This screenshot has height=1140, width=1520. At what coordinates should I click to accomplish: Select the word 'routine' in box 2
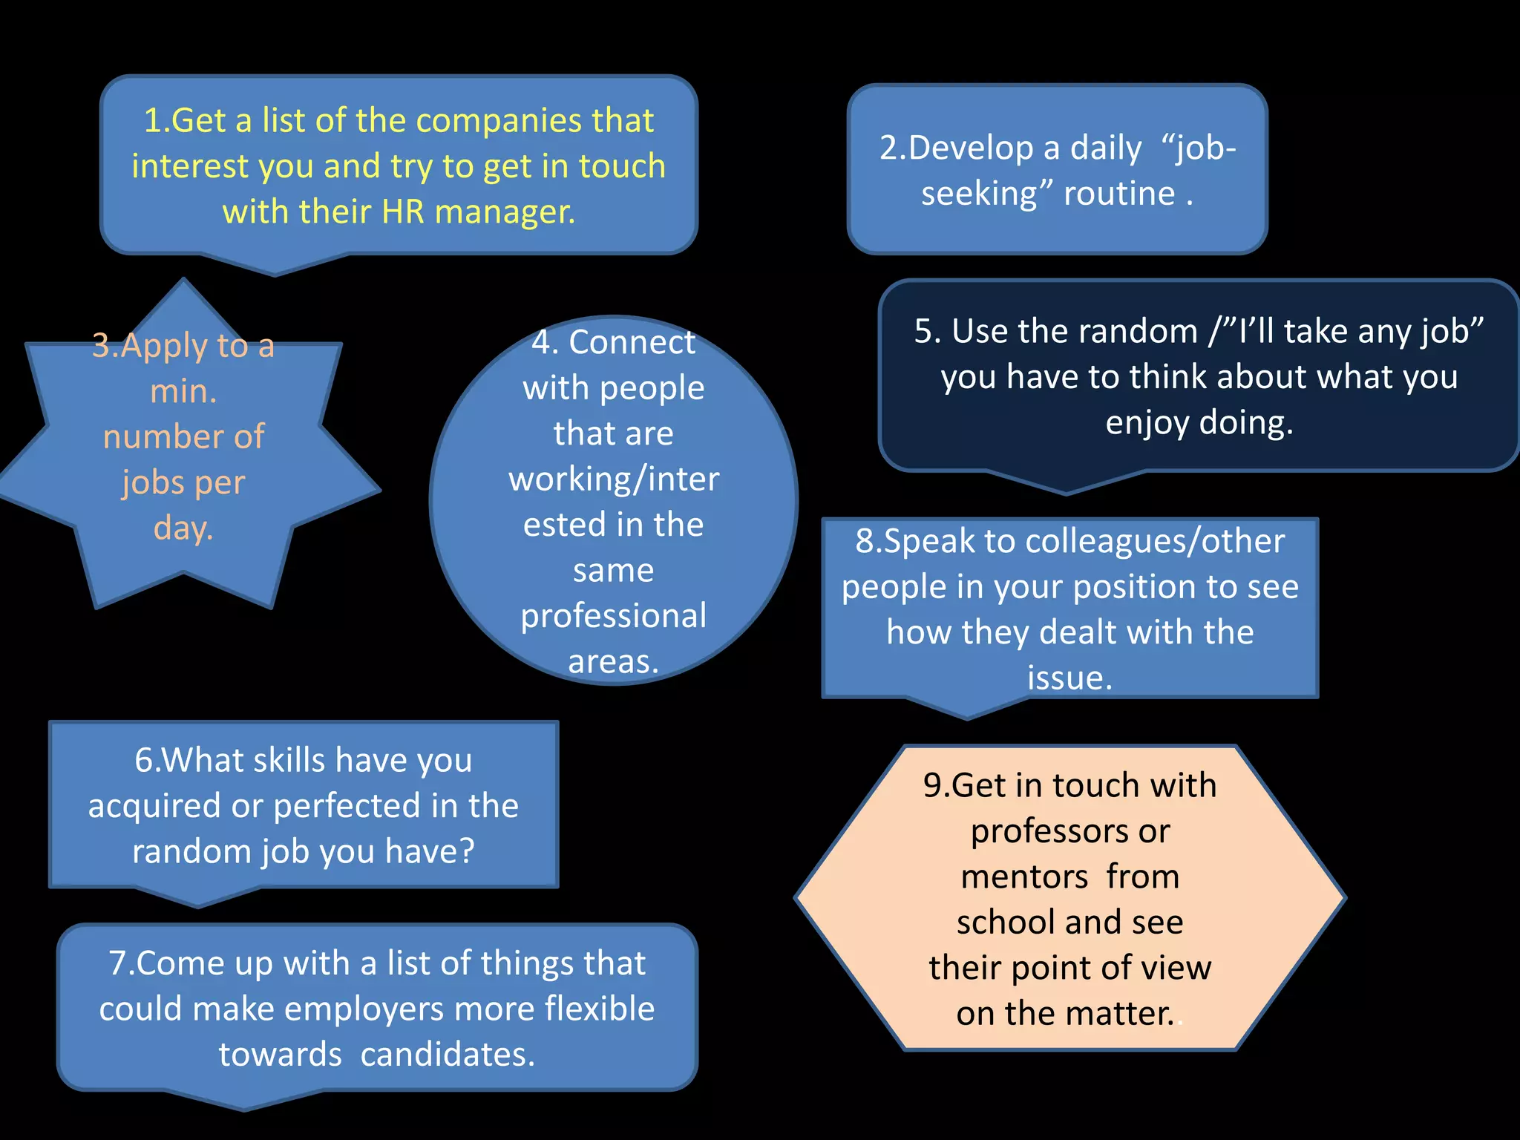(1119, 194)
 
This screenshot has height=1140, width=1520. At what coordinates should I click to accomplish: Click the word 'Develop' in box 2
(972, 148)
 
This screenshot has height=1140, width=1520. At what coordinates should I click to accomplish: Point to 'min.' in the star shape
(183, 391)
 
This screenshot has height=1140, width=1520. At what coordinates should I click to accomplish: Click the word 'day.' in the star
(183, 528)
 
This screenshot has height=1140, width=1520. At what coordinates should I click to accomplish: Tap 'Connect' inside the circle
(632, 342)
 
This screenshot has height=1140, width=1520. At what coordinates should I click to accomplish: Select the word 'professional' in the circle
(614, 616)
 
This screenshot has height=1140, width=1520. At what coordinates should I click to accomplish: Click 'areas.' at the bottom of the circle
(614, 661)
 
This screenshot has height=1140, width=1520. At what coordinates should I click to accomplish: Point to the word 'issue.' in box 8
(1070, 678)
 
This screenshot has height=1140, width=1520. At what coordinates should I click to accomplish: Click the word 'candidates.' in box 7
(448, 1055)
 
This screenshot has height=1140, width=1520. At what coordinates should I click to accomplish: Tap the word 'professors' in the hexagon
(1070, 831)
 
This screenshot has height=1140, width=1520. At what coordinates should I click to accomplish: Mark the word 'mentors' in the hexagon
(1024, 877)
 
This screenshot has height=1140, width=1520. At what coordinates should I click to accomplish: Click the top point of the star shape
(184, 281)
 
